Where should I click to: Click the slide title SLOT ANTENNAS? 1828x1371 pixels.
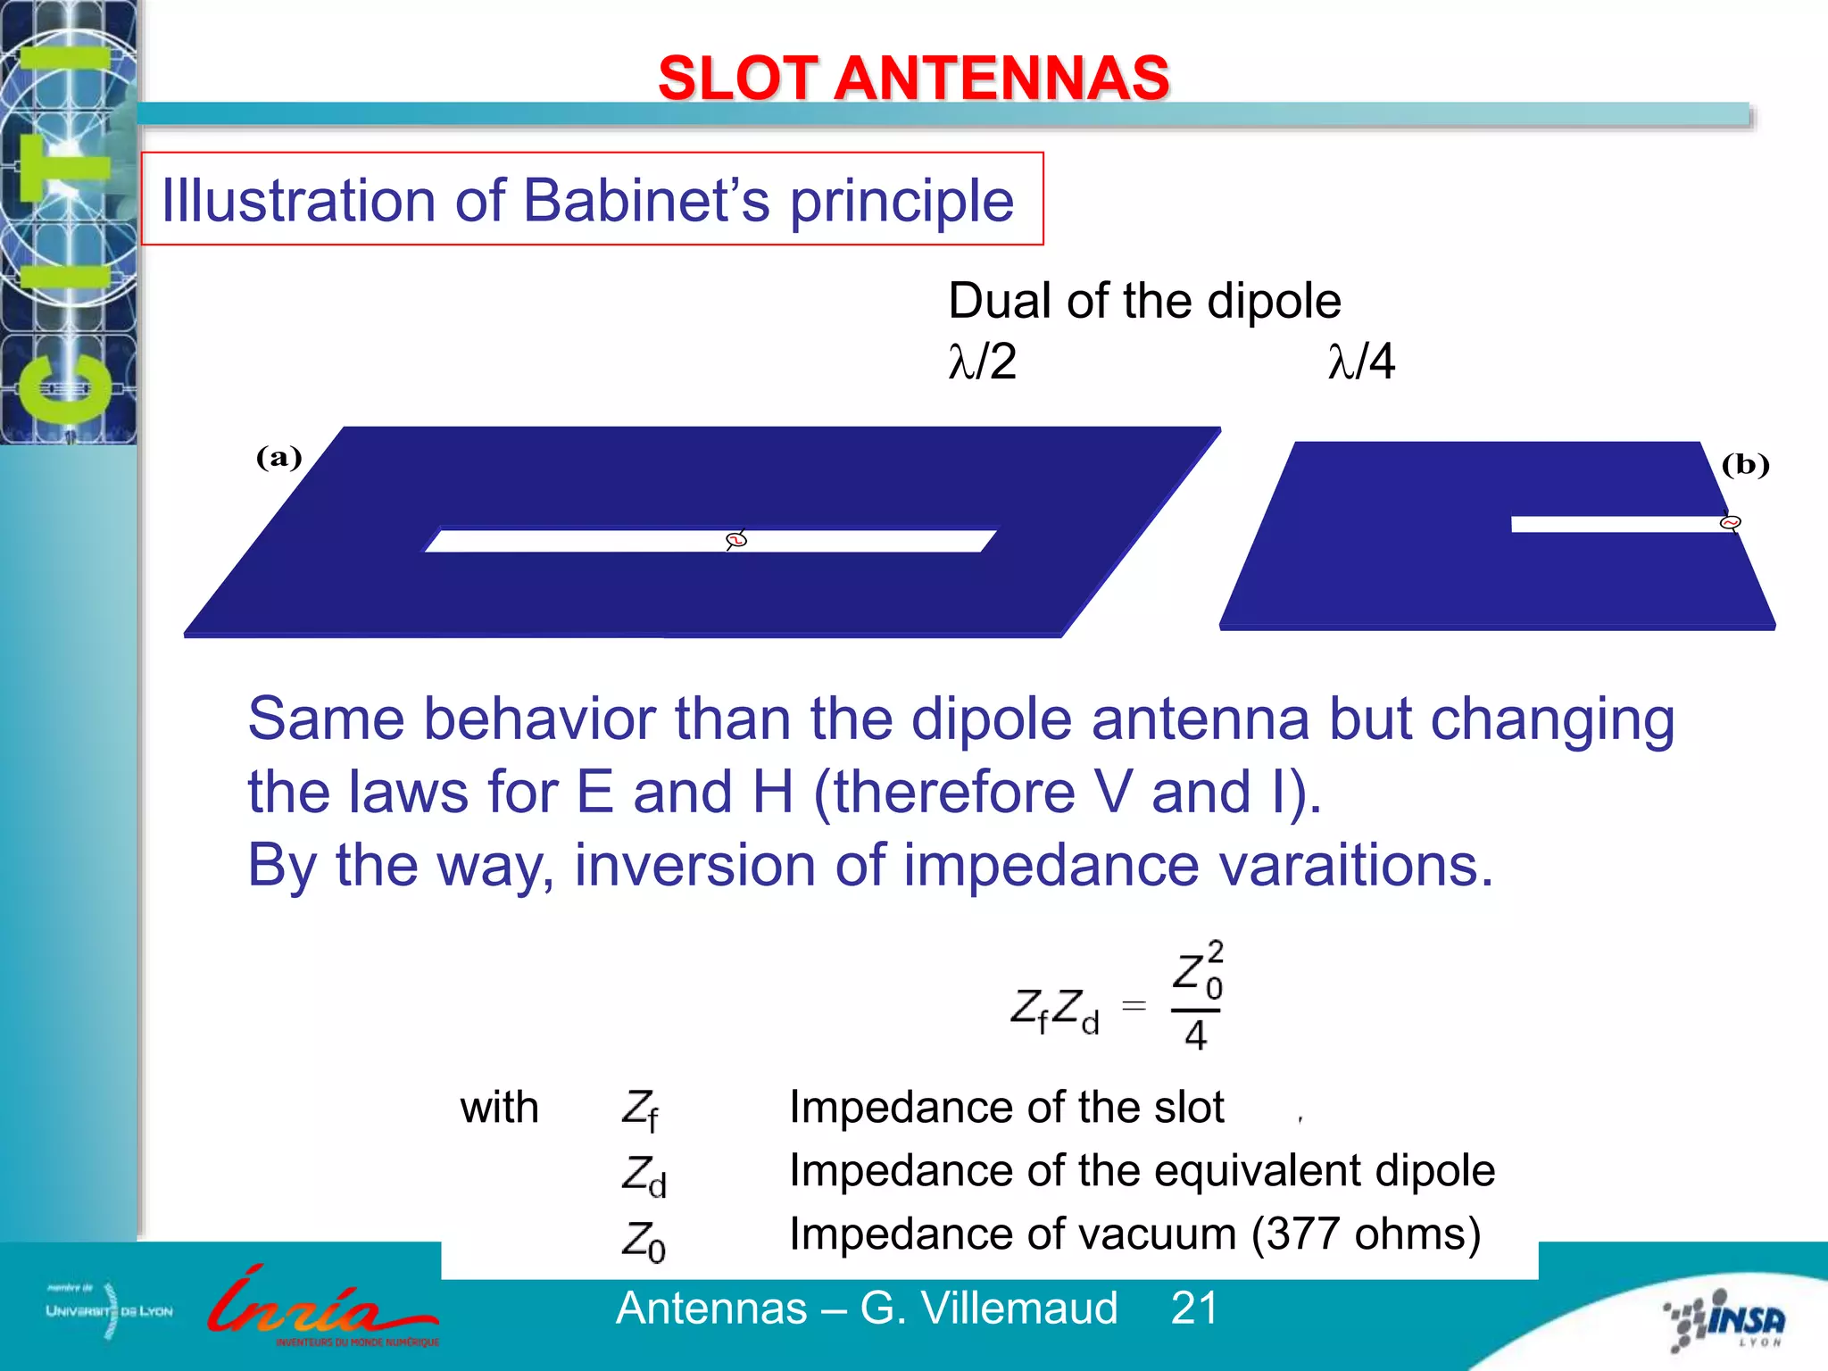pos(913,78)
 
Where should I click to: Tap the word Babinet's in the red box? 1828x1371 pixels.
pos(645,200)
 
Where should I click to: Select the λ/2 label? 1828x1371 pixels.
pos(982,361)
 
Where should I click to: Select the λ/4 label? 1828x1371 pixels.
pos(1361,361)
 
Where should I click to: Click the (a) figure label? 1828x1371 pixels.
pos(278,458)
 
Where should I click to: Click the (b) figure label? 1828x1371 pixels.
pos(1745,465)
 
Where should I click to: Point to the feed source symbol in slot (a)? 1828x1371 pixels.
pos(735,539)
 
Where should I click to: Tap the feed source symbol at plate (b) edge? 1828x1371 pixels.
pos(1730,523)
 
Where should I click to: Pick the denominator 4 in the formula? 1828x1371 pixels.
pos(1195,1035)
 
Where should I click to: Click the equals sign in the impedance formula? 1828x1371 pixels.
pos(1134,1006)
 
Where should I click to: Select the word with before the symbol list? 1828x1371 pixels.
pos(499,1108)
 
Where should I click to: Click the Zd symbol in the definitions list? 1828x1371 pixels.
pos(644,1175)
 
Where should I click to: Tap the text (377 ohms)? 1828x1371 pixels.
pos(1366,1234)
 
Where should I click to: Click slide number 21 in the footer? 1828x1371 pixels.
pos(1194,1309)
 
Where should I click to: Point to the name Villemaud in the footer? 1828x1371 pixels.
pos(1019,1309)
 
